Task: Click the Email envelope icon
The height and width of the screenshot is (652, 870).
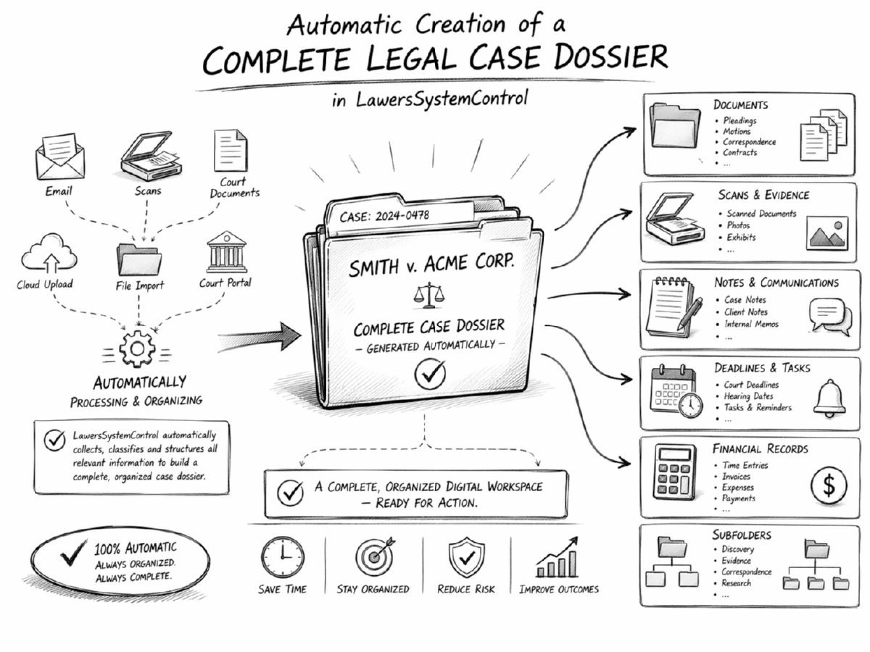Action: coord(59,157)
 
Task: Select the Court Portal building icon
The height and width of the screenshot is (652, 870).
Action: coord(225,252)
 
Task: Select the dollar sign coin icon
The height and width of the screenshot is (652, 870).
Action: coord(829,485)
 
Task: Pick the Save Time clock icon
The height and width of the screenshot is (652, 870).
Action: coord(283,558)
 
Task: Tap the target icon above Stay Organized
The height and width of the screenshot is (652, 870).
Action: coord(373,557)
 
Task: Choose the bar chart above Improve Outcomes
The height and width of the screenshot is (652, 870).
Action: coord(558,557)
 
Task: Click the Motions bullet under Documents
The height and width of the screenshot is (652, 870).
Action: coord(738,132)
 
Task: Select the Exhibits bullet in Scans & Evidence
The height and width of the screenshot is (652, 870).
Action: coord(741,238)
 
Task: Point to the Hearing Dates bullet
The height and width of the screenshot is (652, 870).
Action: coord(748,396)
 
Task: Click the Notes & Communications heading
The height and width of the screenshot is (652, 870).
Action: coord(776,283)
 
